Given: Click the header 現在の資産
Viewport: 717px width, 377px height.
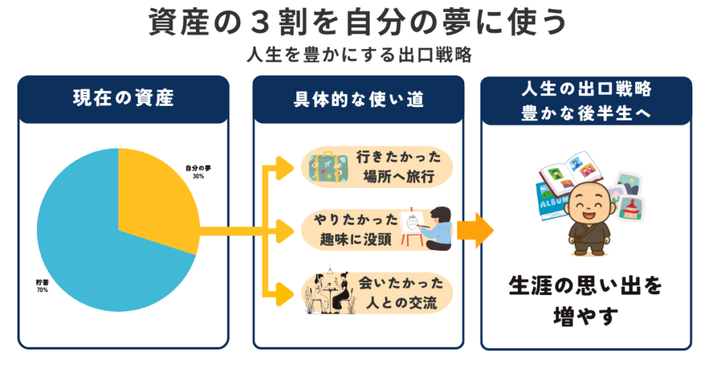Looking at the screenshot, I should tap(123, 99).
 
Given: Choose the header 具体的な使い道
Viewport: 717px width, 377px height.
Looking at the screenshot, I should tap(358, 99).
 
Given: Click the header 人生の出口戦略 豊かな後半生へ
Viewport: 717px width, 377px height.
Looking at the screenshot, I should tap(586, 100).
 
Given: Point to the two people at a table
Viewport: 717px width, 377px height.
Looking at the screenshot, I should tap(326, 292).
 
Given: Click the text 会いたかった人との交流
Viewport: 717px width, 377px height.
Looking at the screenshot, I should tap(397, 293).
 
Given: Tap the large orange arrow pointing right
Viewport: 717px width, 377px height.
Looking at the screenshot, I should tap(475, 230).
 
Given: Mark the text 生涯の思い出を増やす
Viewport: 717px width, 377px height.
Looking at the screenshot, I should tap(585, 301).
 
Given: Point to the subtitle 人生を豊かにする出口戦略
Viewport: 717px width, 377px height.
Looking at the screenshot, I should tap(358, 55).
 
